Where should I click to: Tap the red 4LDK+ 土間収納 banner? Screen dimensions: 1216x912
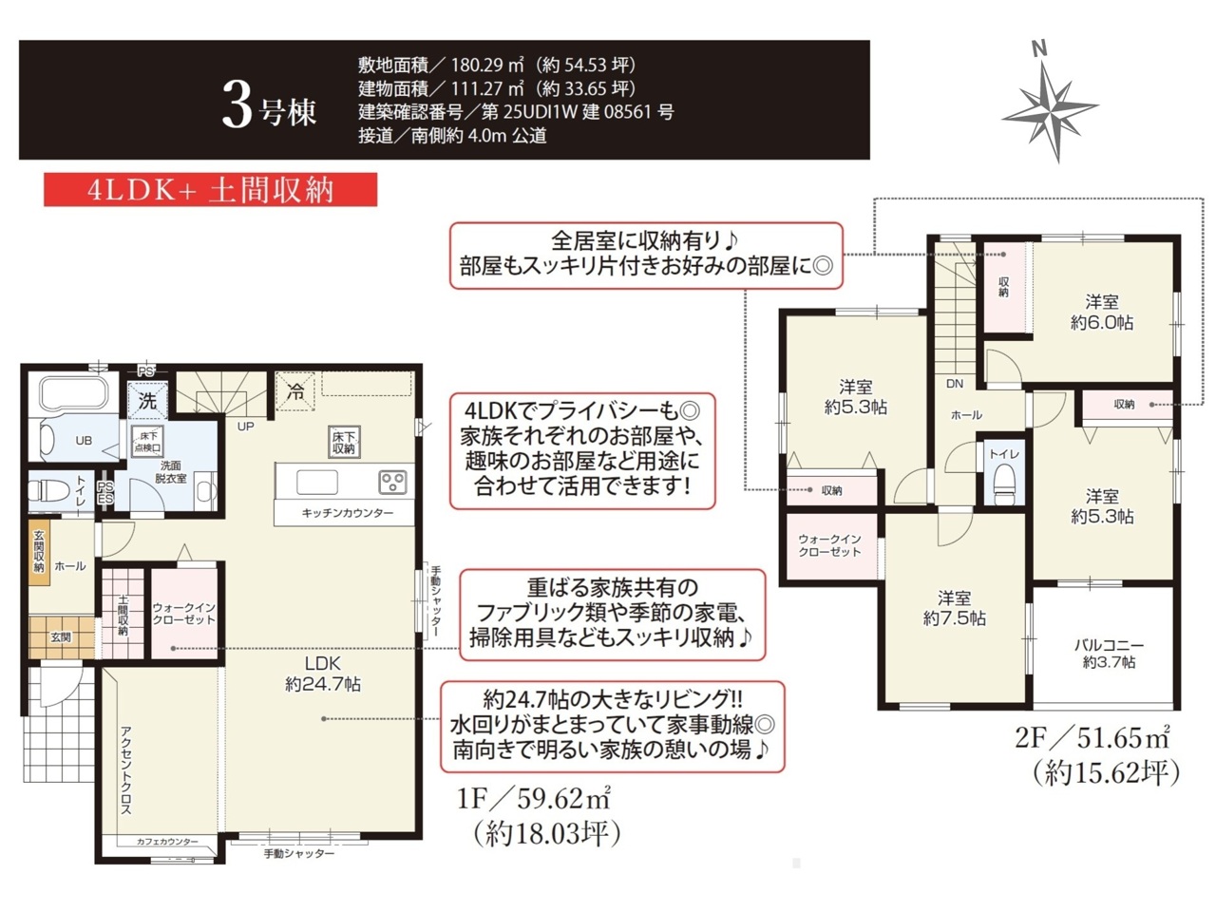pyautogui.click(x=211, y=190)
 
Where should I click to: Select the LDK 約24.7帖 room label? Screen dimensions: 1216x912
pyautogui.click(x=323, y=674)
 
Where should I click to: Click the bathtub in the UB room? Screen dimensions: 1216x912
pyautogui.click(x=73, y=393)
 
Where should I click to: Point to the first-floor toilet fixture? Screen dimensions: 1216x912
pyautogui.click(x=42, y=490)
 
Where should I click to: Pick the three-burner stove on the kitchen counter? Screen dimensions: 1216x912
pyautogui.click(x=392, y=482)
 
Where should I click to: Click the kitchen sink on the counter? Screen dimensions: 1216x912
pyautogui.click(x=317, y=482)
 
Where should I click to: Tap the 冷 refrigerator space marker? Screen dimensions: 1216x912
pyautogui.click(x=295, y=392)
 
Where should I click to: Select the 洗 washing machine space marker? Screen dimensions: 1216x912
pyautogui.click(x=147, y=400)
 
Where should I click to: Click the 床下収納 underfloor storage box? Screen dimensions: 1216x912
pyautogui.click(x=344, y=442)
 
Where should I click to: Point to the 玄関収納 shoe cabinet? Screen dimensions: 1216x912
pyautogui.click(x=39, y=552)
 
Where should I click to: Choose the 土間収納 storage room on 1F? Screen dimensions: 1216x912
pyautogui.click(x=123, y=614)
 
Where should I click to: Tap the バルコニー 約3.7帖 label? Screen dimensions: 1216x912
pyautogui.click(x=1109, y=654)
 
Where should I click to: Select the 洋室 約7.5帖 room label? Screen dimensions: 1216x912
pyautogui.click(x=954, y=608)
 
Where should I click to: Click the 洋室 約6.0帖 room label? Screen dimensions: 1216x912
pyautogui.click(x=1102, y=312)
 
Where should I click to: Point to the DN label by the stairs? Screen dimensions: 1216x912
pyautogui.click(x=955, y=383)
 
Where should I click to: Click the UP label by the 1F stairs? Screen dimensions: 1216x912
pyautogui.click(x=245, y=427)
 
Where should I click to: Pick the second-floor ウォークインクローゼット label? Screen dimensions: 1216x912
pyautogui.click(x=829, y=545)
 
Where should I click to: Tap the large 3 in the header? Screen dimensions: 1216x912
pyautogui.click(x=237, y=110)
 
